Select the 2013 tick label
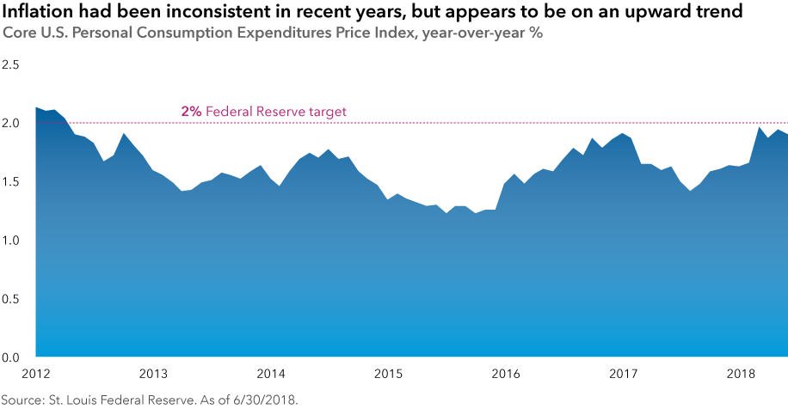pos(153,374)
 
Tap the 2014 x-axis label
pos(271,374)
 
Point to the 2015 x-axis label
pos(388,374)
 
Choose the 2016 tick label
pos(506,374)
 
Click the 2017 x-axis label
pos(623,374)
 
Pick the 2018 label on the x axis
pos(741,374)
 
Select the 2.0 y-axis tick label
pos(11,124)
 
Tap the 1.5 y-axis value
pos(11,182)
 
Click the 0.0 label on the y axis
pos(11,357)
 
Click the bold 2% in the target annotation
pos(192,112)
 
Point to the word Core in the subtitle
pos(19,34)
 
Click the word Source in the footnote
pos(24,400)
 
